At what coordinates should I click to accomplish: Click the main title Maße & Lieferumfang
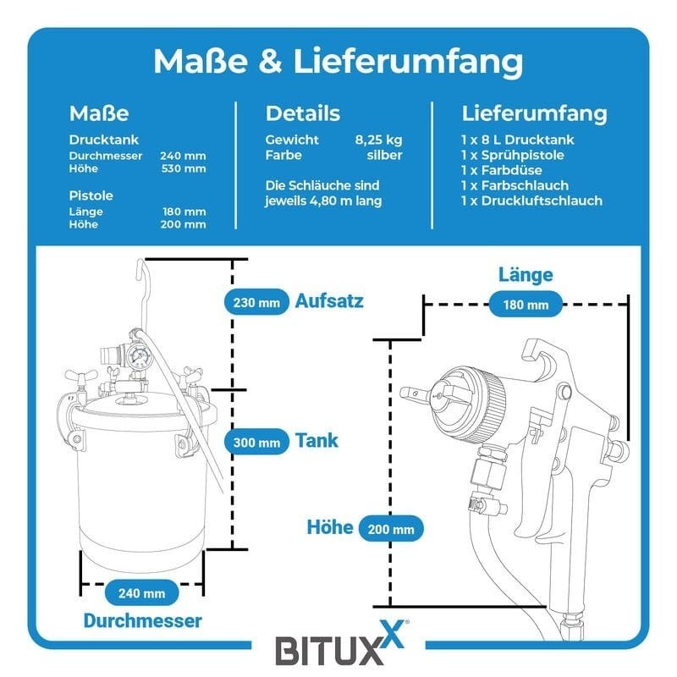pos(338,62)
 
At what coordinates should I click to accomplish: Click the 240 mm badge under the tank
pos(142,592)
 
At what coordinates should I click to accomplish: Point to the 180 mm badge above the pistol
pos(525,304)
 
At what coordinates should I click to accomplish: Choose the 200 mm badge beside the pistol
pos(390,530)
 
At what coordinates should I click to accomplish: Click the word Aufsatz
pos(329,300)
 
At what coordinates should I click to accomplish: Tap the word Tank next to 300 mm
pos(316,441)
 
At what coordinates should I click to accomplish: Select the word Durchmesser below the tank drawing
pos(142,620)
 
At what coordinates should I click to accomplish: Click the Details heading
pos(303,113)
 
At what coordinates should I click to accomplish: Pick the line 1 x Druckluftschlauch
pos(531,201)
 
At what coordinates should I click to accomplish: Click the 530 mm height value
pos(184,168)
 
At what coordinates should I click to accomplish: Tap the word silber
pos(384,156)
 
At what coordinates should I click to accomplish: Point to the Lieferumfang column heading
pos(534,113)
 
